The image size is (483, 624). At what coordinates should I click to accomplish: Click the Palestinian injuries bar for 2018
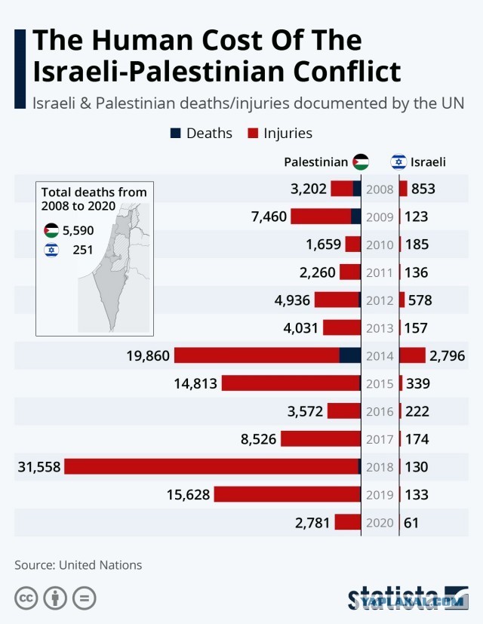point(211,466)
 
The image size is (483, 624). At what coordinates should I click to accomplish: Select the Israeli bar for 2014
point(413,355)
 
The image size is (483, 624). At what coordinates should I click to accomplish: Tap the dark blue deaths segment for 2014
point(350,355)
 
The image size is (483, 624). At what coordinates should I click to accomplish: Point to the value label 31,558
point(39,466)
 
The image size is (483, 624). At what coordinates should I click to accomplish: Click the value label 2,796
point(448,355)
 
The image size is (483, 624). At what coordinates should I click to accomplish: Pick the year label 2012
point(380,300)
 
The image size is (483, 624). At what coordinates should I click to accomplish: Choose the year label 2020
point(380,523)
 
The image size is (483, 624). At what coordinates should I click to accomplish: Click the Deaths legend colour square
point(175,133)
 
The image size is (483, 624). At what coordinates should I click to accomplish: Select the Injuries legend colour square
point(253,133)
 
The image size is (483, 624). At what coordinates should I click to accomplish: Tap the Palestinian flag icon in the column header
point(361,162)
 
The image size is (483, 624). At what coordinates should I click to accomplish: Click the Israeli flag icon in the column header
point(398,162)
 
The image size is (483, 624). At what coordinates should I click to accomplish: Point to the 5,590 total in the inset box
point(78,230)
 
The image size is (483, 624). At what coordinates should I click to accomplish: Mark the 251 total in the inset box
point(83,250)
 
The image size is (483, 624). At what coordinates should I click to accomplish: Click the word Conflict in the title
point(347,72)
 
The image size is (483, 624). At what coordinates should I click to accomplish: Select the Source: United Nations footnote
point(78,565)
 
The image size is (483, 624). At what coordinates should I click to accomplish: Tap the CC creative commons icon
point(26,598)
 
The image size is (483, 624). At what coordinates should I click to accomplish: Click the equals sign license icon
point(85,598)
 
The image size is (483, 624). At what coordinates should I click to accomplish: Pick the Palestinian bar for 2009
point(326,217)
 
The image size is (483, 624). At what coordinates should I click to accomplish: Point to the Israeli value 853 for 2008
point(423,189)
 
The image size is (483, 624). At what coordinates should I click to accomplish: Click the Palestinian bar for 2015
point(291,383)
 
